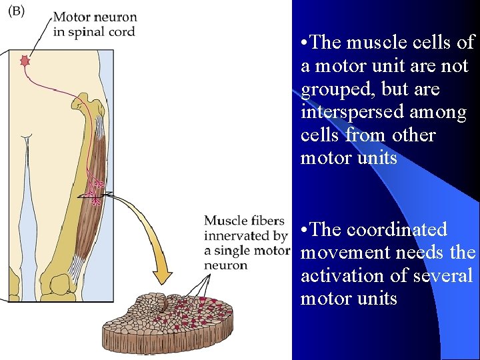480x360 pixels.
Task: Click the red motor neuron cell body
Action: [x=26, y=61]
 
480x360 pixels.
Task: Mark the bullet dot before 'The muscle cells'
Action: [x=305, y=43]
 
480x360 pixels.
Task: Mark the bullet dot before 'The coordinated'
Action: [x=305, y=230]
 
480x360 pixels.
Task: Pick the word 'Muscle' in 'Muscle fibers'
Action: [x=225, y=221]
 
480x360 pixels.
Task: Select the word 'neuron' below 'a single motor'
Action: [x=225, y=265]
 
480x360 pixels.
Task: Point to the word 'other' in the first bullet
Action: [x=413, y=135]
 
